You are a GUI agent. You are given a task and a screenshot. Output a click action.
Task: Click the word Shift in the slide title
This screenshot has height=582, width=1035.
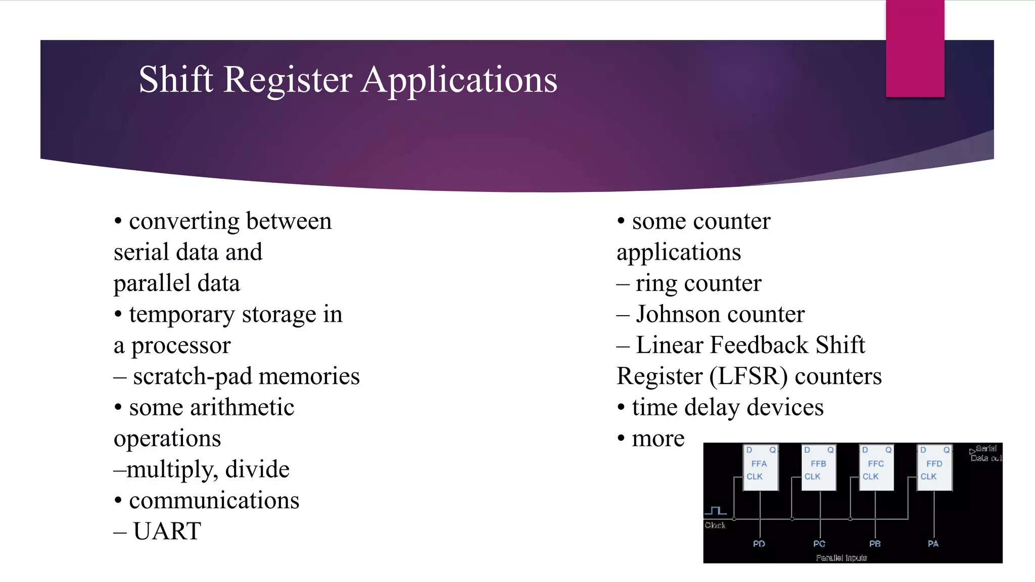[175, 80]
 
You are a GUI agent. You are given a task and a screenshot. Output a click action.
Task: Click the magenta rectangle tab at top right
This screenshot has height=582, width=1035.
[915, 48]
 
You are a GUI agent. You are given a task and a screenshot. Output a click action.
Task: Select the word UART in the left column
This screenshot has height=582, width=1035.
[167, 531]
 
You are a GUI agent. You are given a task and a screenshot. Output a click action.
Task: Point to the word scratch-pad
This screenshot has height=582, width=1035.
[193, 377]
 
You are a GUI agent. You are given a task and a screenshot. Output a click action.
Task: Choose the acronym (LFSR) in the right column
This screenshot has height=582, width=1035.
[748, 377]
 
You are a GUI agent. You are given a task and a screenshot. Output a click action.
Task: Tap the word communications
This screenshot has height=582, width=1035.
[214, 501]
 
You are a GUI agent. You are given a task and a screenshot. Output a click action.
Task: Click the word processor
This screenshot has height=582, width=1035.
[180, 346]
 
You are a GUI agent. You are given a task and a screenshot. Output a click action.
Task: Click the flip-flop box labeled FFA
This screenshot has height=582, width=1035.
[760, 468]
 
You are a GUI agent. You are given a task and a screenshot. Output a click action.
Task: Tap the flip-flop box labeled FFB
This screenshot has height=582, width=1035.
[818, 468]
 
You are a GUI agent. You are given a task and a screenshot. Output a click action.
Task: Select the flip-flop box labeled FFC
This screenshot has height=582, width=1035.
[876, 468]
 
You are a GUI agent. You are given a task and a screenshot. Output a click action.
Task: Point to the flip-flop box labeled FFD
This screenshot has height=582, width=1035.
[934, 468]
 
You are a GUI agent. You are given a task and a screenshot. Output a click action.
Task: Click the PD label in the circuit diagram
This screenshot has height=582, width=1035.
[759, 544]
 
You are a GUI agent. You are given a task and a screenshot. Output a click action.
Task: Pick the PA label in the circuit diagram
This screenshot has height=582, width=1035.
[933, 544]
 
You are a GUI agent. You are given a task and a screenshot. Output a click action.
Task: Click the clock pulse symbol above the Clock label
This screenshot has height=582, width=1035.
[716, 511]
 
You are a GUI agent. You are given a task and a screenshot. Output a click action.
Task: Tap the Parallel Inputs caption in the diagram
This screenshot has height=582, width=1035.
[841, 558]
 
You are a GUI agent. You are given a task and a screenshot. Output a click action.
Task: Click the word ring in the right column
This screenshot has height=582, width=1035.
[656, 284]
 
